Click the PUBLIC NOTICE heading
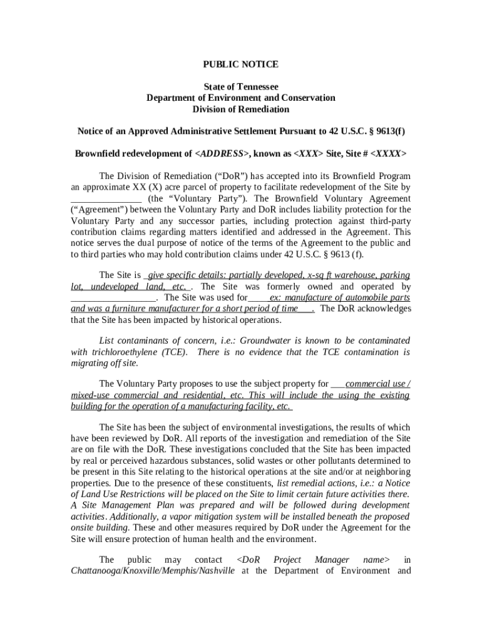pos(240,64)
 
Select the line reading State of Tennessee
pos(240,86)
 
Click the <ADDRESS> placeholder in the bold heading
pos(222,153)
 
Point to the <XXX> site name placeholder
pos(309,153)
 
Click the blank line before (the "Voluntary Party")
pos(106,198)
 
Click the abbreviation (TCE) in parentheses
pos(175,352)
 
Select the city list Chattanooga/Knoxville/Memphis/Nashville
pos(153,571)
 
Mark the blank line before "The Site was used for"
pos(113,297)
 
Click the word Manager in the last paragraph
pos(332,560)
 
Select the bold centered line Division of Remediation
pos(240,109)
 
